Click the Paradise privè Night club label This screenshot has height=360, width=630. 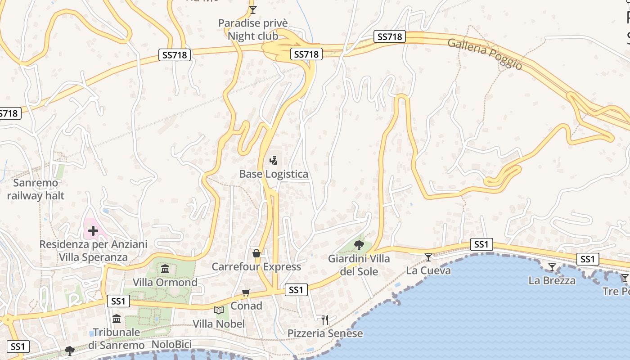(x=252, y=29)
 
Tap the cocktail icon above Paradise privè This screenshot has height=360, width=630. (x=253, y=9)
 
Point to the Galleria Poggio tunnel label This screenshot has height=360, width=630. (x=485, y=54)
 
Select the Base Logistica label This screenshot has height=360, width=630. (x=274, y=174)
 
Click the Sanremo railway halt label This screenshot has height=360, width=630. (x=36, y=189)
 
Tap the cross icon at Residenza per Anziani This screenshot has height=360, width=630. (x=93, y=231)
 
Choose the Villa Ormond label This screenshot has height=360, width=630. (x=165, y=282)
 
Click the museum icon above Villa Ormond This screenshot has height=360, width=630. (x=165, y=269)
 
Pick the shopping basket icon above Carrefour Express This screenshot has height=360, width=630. (x=256, y=253)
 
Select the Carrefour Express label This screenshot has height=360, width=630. (x=256, y=266)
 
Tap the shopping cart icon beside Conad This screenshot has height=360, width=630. (x=246, y=293)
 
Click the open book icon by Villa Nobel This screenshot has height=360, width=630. (x=219, y=310)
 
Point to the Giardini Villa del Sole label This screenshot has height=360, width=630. (x=359, y=265)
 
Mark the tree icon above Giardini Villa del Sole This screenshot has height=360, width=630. (x=359, y=245)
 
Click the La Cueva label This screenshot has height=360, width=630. (x=428, y=270)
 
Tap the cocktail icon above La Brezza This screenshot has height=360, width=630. (x=552, y=267)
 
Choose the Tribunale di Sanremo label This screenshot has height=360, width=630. (x=116, y=338)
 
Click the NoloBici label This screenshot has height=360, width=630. (x=171, y=345)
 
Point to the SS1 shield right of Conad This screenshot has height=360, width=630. (x=296, y=290)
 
